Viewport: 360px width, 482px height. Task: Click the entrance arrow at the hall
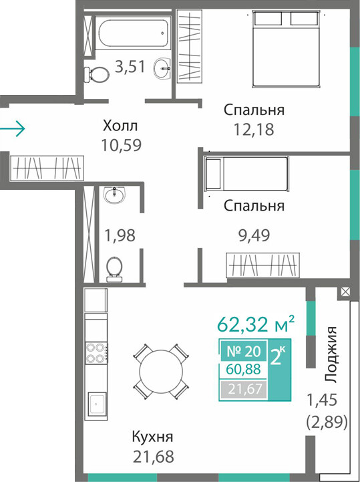pyautogui.click(x=12, y=128)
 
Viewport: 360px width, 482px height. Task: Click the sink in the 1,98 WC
pyautogui.click(x=115, y=195)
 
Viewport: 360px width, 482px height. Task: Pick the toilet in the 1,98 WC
pyautogui.click(x=114, y=269)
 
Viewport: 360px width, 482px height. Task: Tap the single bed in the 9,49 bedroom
pyautogui.click(x=246, y=173)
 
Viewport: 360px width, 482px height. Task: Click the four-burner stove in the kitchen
pyautogui.click(x=96, y=352)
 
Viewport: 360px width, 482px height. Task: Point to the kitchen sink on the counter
pyautogui.click(x=97, y=404)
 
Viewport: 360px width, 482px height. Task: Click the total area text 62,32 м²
pyautogui.click(x=256, y=324)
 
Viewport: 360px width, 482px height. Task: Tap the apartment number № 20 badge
pyautogui.click(x=243, y=351)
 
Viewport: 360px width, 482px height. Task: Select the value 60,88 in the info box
pyautogui.click(x=243, y=368)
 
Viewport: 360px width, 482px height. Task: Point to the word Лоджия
pyautogui.click(x=331, y=355)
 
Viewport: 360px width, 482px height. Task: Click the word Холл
pyautogui.click(x=120, y=126)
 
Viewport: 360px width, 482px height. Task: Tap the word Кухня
pyautogui.click(x=153, y=437)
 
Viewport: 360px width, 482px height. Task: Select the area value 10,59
pyautogui.click(x=122, y=145)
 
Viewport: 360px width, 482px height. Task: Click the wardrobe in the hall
pyautogui.click(x=47, y=168)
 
